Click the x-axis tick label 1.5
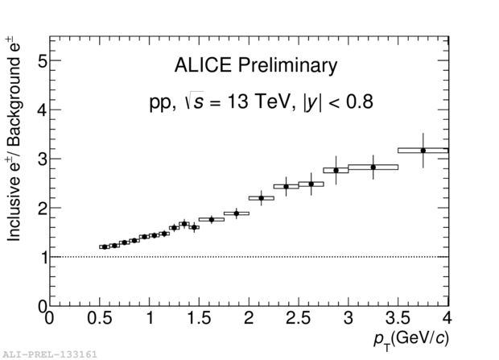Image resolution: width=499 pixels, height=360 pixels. (199, 319)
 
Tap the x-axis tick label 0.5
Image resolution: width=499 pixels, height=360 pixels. (99, 319)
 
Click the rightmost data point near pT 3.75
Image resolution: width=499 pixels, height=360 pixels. (423, 151)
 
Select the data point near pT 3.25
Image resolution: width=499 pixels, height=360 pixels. (373, 167)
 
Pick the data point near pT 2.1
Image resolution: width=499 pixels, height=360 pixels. (261, 197)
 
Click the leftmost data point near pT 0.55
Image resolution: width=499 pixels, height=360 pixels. (104, 246)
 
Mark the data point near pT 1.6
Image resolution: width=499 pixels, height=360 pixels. (211, 219)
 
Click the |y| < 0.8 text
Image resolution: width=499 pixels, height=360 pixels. (338, 102)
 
